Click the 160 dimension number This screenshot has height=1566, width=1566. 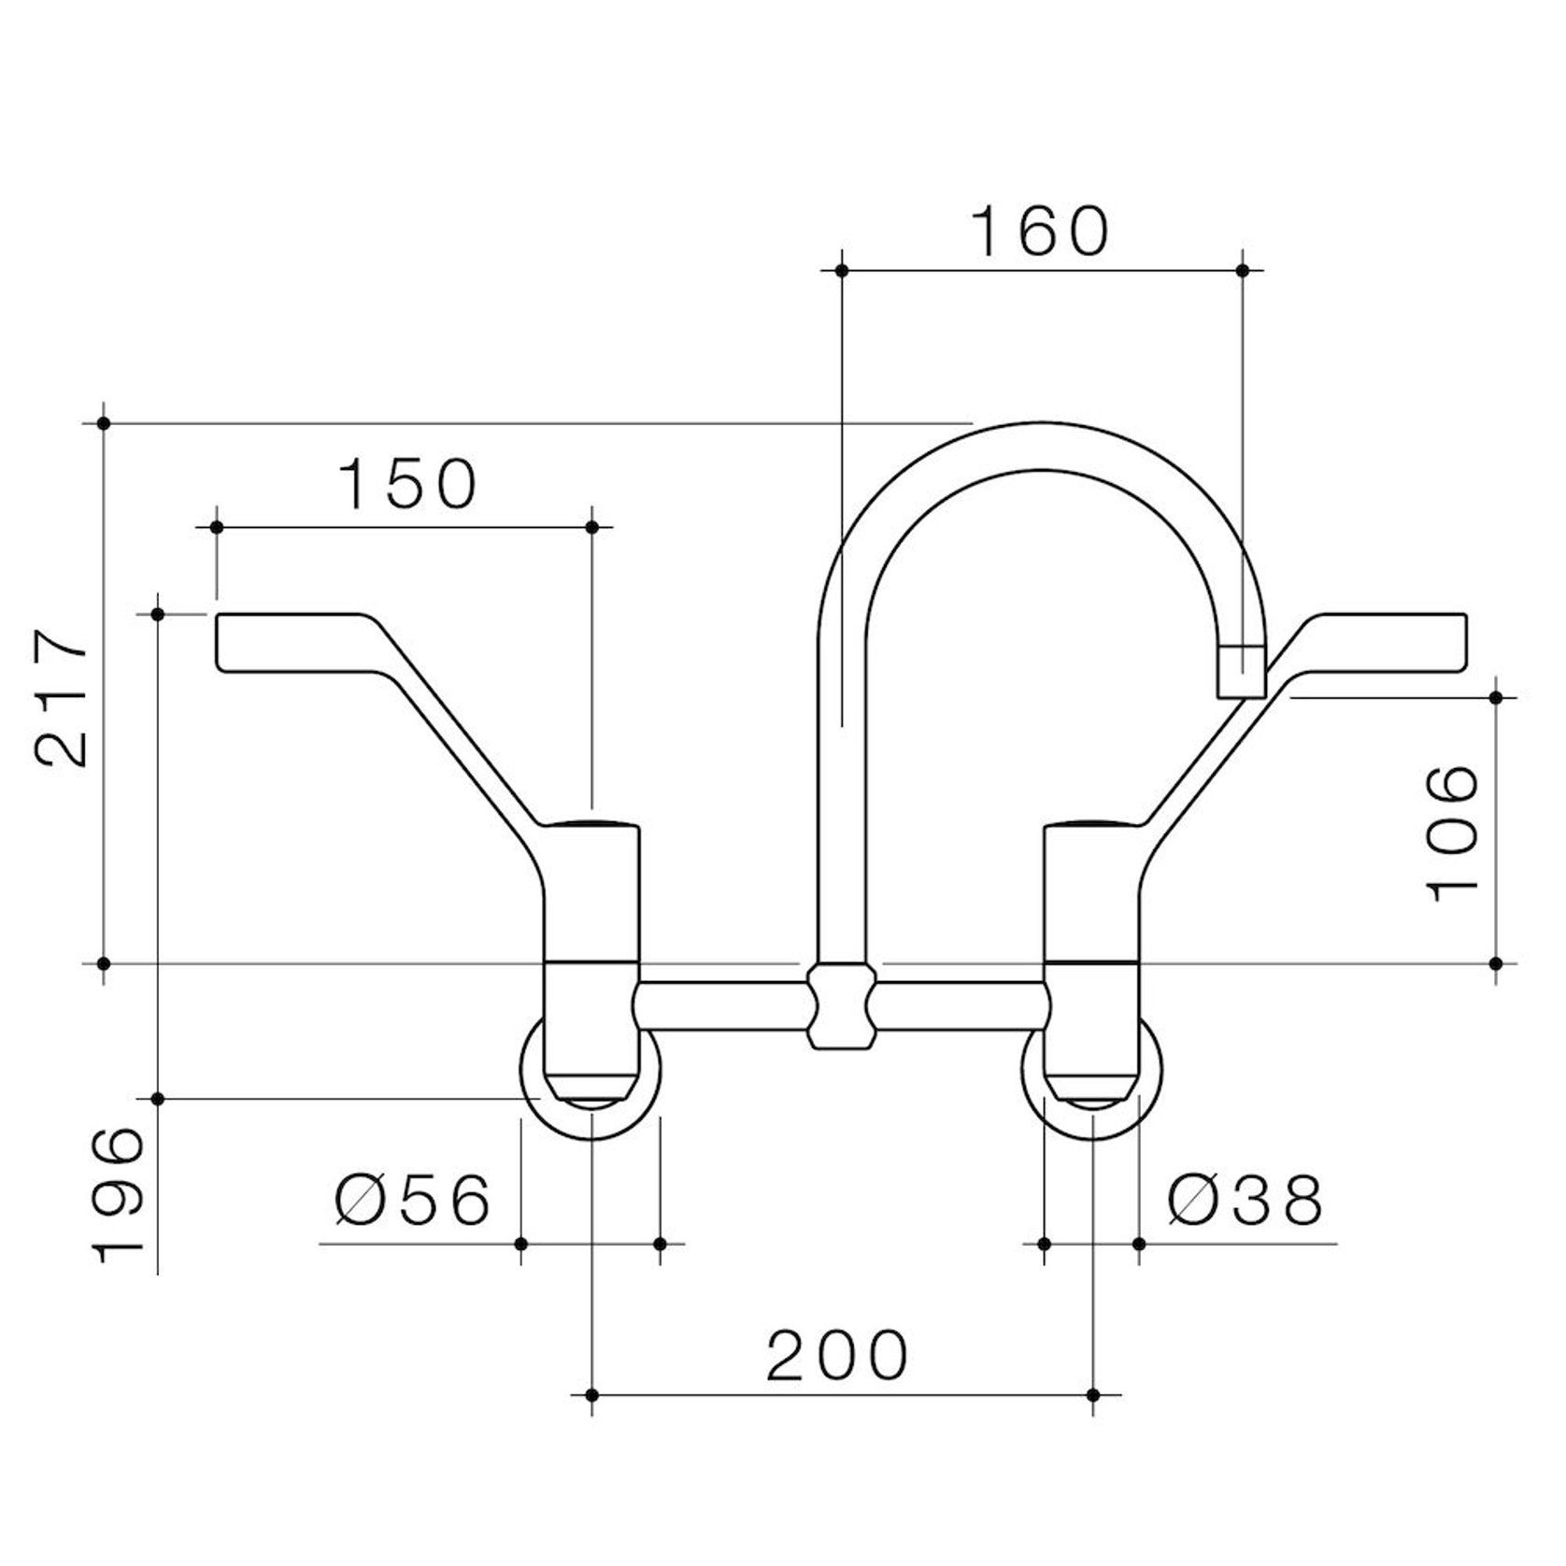1040,232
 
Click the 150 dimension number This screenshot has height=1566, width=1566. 407,484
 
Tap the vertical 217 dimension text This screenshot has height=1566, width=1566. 61,698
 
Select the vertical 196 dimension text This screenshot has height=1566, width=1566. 119,1195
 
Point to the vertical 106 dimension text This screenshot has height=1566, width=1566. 1454,833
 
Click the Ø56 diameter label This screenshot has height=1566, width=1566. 413,1200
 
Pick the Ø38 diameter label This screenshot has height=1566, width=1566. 1246,1201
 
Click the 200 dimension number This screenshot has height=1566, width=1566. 837,1356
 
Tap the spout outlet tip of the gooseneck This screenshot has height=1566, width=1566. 1243,671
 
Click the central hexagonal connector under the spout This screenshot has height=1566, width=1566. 842,1006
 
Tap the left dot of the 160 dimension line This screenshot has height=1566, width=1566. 842,270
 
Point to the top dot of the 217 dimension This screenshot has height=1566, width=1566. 104,423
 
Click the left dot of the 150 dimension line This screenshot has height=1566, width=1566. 217,528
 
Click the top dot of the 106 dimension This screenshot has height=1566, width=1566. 1496,697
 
